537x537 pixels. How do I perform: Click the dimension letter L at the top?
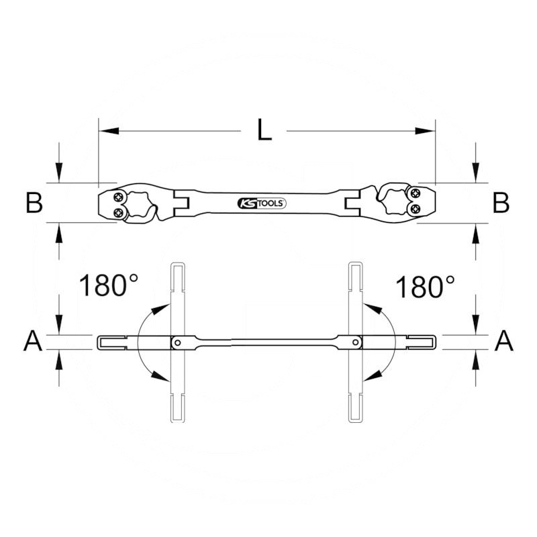click(265, 130)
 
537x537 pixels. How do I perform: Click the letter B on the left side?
click(34, 203)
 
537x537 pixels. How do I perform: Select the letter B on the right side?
click(501, 203)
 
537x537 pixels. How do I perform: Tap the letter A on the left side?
click(33, 342)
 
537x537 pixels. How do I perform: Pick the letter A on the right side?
click(503, 342)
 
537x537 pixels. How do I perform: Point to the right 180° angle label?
click(424, 286)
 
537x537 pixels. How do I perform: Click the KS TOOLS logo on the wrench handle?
click(262, 203)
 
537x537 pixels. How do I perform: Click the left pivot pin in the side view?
click(177, 342)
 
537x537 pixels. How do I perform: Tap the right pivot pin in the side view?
click(355, 342)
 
